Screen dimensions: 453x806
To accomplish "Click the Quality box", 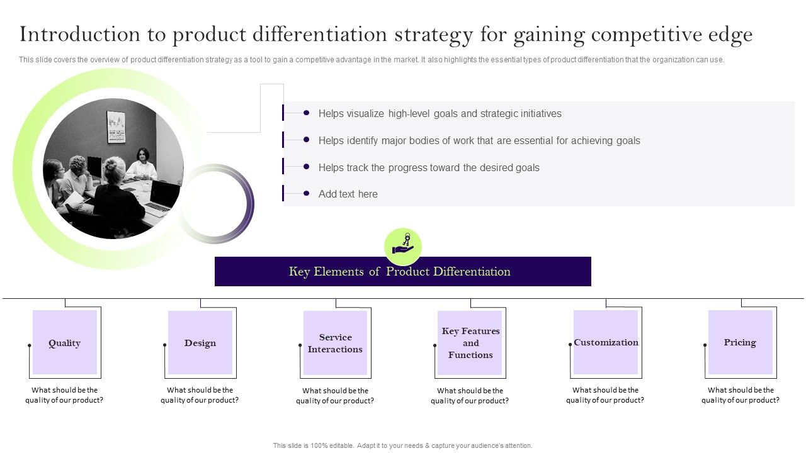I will (65, 343).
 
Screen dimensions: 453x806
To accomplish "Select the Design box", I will (200, 343).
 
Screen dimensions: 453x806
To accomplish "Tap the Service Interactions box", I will (335, 344).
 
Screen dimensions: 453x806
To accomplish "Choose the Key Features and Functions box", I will (470, 343).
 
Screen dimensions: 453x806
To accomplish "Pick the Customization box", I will (606, 342).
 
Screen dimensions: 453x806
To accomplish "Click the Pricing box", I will (740, 342).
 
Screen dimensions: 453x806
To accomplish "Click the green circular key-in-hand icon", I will (403, 246).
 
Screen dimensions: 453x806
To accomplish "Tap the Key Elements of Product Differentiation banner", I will (403, 272).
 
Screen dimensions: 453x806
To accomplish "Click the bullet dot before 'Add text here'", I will (306, 194).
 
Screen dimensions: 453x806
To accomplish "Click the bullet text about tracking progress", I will (429, 167).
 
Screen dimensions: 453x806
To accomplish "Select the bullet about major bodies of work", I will (479, 141).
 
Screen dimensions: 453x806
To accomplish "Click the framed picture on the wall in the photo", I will (116, 126).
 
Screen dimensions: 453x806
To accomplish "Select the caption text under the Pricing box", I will (741, 395).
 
